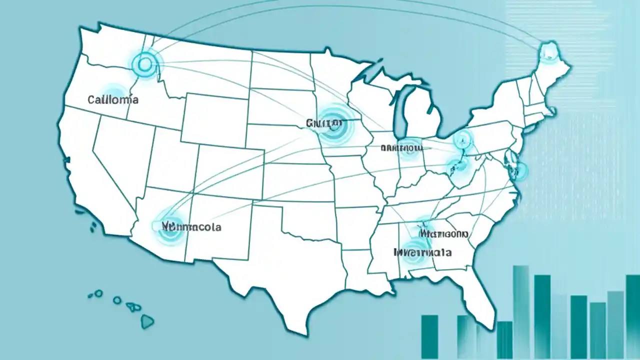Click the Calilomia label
click(x=113, y=99)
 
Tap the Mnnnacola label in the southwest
click(x=191, y=226)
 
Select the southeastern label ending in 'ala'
click(x=422, y=252)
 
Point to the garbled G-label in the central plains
click(x=323, y=122)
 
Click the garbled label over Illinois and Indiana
click(x=401, y=147)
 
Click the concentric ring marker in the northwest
click(x=145, y=64)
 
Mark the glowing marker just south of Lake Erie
click(x=462, y=138)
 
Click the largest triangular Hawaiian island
click(x=147, y=321)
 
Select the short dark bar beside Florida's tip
click(x=504, y=339)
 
